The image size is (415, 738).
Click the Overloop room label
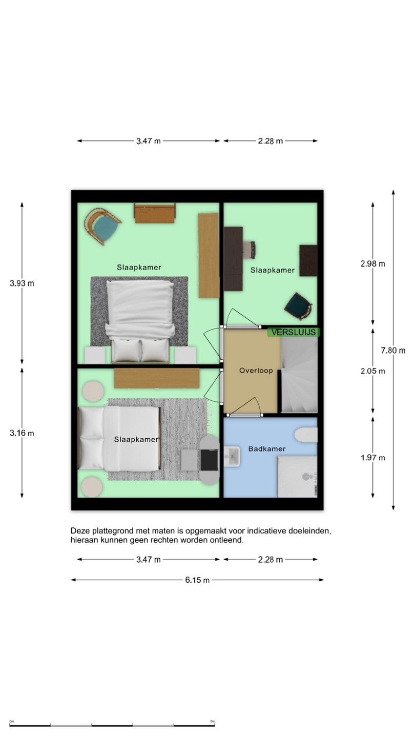pos(256,371)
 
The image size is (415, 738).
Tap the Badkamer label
pos(267,449)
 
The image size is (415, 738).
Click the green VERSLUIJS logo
pos(294,332)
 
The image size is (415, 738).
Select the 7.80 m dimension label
pos(393,350)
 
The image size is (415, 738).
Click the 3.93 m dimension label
pos(22,283)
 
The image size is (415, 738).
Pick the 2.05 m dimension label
pos(372,371)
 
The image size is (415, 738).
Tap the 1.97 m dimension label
pos(372,458)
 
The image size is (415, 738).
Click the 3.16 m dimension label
pos(22,433)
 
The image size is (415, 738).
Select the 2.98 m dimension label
pos(372,263)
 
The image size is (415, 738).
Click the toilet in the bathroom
pos(306,435)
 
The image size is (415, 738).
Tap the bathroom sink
pos(232,456)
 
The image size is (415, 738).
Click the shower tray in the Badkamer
pos(297,477)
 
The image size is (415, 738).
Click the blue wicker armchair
pos(102,225)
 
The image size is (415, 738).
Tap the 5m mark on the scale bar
pos(213,722)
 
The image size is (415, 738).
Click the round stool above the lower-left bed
pos(93,391)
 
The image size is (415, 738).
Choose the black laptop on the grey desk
pos(210,460)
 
